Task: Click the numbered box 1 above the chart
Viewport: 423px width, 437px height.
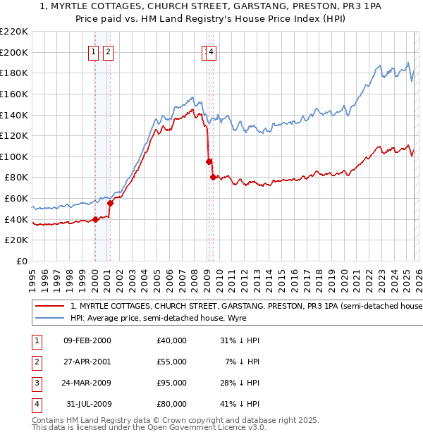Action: click(94, 51)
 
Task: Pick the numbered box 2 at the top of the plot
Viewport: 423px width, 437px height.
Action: click(108, 51)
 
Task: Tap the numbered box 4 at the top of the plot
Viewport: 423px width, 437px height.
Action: click(211, 51)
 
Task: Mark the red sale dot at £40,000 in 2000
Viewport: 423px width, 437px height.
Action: click(96, 219)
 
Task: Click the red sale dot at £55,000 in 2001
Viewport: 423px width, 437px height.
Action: click(111, 204)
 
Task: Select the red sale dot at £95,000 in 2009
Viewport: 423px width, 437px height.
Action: click(209, 162)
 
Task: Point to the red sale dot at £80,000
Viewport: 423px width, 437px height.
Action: click(213, 178)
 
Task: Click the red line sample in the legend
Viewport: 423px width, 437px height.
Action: click(50, 307)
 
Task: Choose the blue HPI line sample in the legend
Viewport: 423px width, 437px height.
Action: click(50, 318)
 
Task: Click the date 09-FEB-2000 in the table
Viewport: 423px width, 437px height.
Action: click(87, 340)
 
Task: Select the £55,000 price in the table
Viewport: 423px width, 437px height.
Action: click(172, 362)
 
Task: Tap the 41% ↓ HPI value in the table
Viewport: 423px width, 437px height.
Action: click(240, 404)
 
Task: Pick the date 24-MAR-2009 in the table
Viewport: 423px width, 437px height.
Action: click(87, 383)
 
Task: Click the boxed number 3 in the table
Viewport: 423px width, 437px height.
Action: click(36, 383)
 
